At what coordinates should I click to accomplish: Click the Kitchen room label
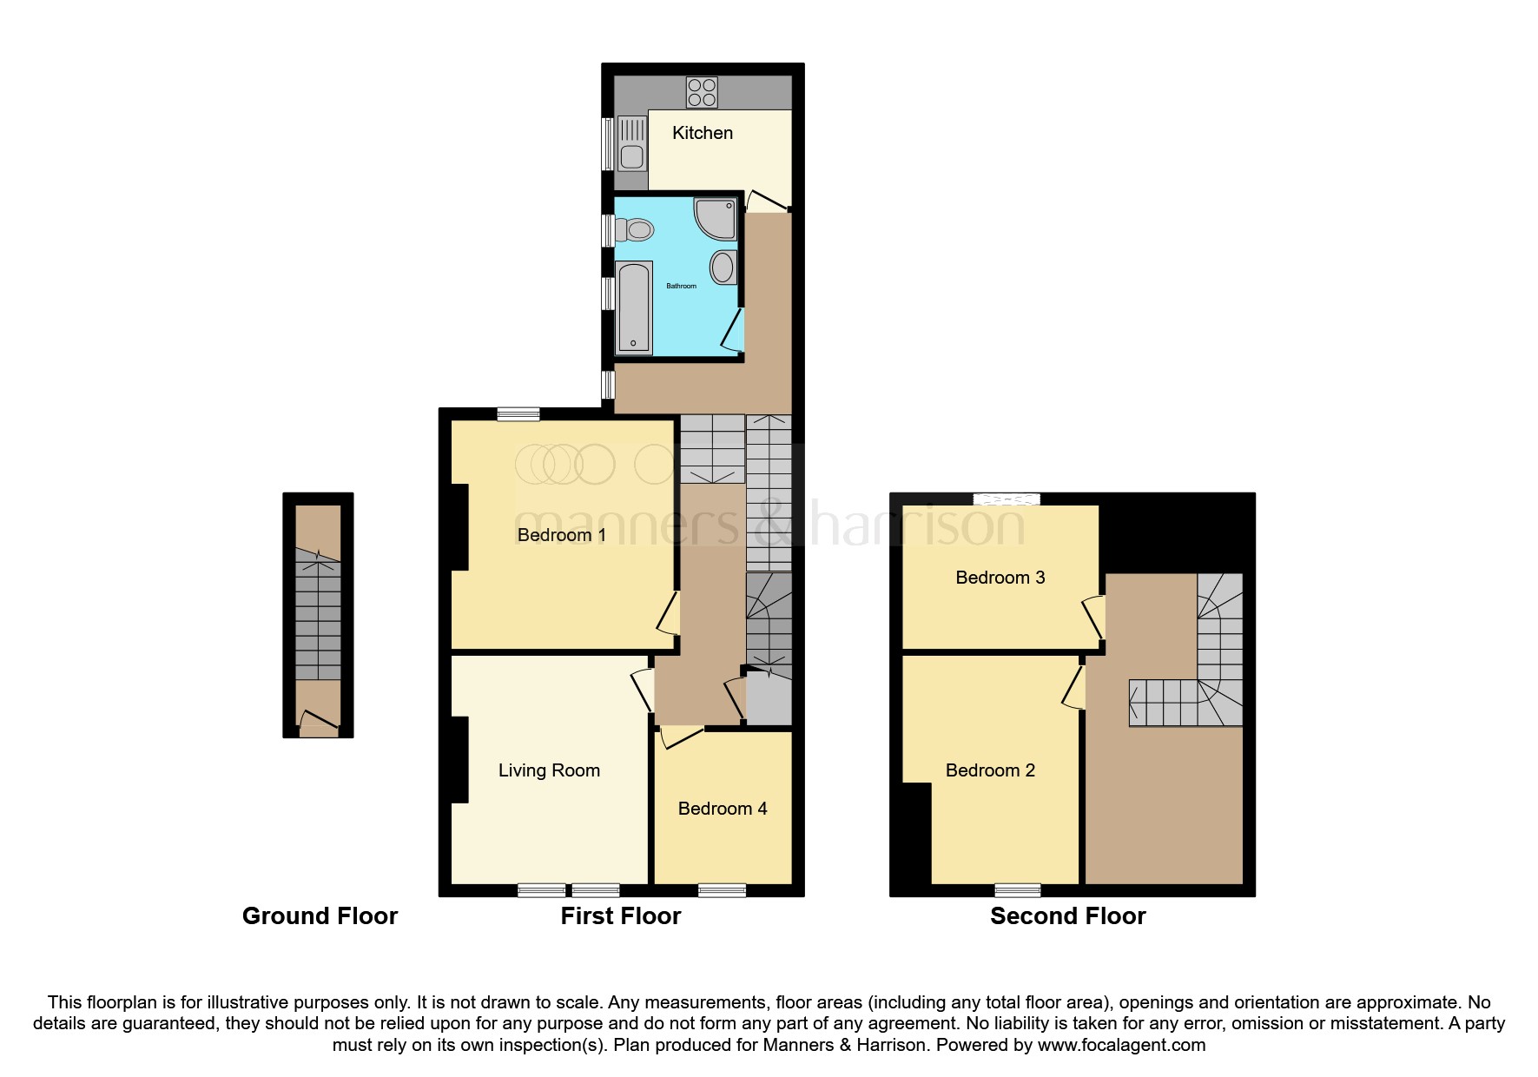[x=702, y=133]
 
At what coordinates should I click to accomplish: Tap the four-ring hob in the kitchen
[x=702, y=92]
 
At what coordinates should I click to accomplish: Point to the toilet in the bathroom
[x=635, y=230]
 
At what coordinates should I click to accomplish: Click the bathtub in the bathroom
[x=634, y=308]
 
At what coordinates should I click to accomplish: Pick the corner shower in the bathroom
[x=716, y=217]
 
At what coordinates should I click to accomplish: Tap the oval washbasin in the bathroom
[x=723, y=267]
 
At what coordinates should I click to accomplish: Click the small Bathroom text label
[x=681, y=286]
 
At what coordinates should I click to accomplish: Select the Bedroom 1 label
[x=561, y=535]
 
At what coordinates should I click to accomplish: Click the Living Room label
[x=549, y=770]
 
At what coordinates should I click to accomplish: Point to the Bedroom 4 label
[x=723, y=809]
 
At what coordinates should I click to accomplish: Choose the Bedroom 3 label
[x=1000, y=578]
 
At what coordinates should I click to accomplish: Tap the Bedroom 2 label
[x=990, y=770]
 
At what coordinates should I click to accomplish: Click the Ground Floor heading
[x=320, y=916]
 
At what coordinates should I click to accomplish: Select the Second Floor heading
[x=1067, y=916]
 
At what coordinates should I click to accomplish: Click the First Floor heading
[x=620, y=916]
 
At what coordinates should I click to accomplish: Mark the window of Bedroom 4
[x=722, y=889]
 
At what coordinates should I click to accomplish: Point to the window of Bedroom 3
[x=1006, y=499]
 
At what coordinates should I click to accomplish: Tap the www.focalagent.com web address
[x=1121, y=1045]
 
